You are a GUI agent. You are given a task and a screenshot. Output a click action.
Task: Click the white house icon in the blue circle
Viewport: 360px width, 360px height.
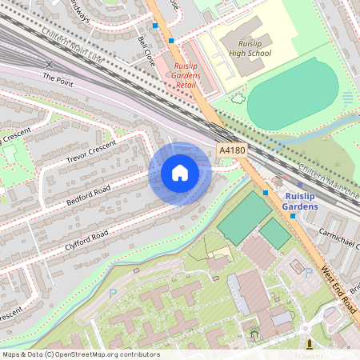(x=180, y=173)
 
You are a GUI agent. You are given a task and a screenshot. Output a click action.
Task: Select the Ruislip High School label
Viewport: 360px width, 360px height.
(x=246, y=47)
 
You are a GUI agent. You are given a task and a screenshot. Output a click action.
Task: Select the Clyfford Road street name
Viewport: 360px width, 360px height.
(x=88, y=238)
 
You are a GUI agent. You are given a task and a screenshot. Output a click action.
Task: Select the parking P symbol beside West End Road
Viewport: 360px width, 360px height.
(x=309, y=273)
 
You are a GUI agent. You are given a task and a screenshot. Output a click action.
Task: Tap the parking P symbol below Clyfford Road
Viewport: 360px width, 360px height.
(x=113, y=293)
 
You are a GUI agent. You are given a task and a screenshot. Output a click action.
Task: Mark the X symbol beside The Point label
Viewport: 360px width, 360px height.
(x=50, y=63)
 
